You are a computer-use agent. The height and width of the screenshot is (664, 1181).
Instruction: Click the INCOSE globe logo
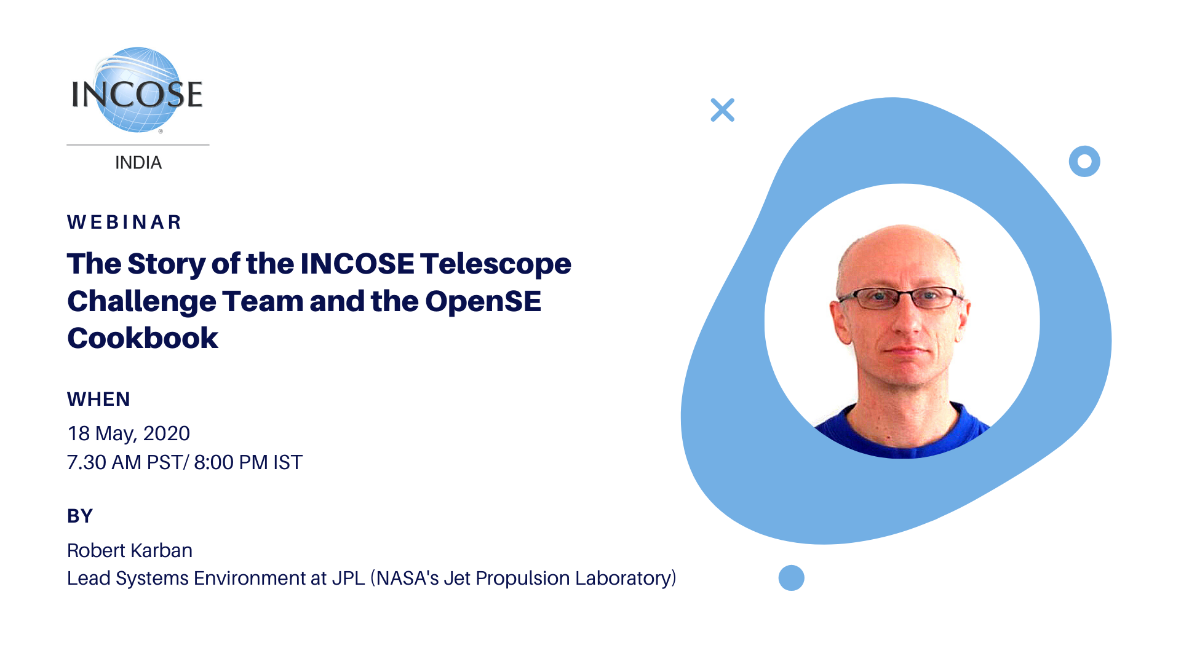click(x=137, y=90)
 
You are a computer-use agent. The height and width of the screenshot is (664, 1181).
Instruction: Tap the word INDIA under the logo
click(x=138, y=163)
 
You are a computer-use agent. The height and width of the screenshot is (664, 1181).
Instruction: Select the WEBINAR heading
click(x=124, y=222)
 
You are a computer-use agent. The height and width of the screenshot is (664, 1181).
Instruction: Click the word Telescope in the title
click(x=496, y=264)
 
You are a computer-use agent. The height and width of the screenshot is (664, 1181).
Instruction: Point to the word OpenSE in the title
click(x=483, y=301)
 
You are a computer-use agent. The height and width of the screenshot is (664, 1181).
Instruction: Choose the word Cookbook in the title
click(x=143, y=338)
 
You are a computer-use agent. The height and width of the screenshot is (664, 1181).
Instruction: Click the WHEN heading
click(x=98, y=400)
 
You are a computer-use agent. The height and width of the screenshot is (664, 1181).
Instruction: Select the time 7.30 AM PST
click(x=124, y=462)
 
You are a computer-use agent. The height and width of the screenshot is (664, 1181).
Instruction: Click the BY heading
click(x=80, y=516)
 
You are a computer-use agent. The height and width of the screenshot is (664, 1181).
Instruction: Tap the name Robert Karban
click(x=130, y=550)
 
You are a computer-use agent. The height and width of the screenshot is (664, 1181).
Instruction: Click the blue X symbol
click(x=723, y=110)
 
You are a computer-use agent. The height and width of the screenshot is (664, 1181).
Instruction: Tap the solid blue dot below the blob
click(x=792, y=578)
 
